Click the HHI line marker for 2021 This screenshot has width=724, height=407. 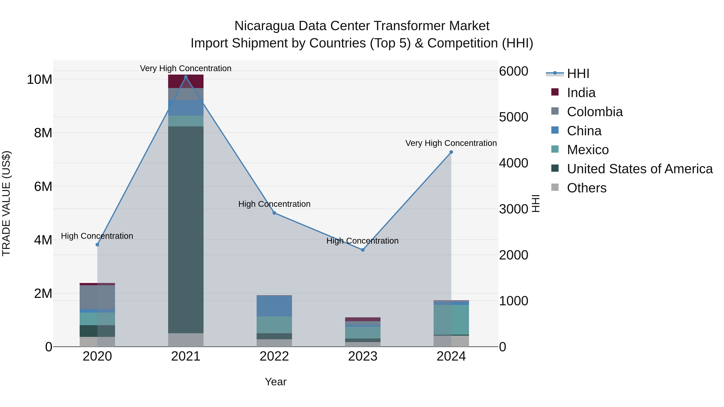tap(185, 77)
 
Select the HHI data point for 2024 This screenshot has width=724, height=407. tap(451, 152)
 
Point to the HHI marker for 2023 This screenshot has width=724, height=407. tap(363, 250)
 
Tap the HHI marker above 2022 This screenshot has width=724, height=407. tap(274, 213)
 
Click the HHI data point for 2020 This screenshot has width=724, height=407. tap(97, 245)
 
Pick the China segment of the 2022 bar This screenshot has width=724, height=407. tap(274, 306)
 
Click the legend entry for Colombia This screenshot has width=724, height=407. tap(594, 112)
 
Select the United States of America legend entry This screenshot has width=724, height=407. tap(639, 169)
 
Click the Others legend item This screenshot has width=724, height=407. tap(587, 188)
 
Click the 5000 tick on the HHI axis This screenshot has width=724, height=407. tap(513, 117)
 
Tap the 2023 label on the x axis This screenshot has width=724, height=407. tap(363, 356)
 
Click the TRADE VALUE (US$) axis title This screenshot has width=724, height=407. tap(6, 203)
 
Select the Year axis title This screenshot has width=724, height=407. tap(276, 382)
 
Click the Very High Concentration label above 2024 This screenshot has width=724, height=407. tap(451, 143)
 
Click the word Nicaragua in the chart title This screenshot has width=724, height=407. tap(264, 26)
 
